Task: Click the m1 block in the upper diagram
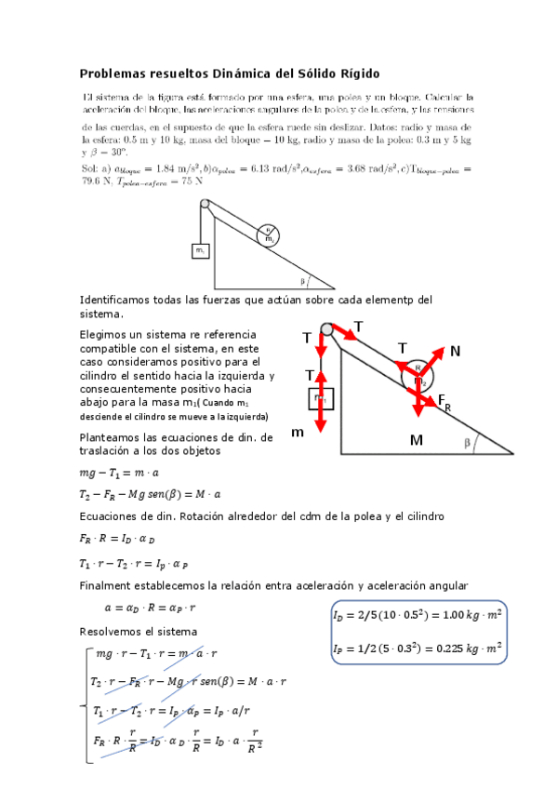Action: pos(200,250)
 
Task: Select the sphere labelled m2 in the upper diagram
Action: pos(270,236)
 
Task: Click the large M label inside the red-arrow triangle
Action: pos(415,439)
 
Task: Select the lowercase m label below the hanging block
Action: pos(298,435)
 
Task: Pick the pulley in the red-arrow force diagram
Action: pos(326,329)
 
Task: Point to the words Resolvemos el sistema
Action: pos(131,633)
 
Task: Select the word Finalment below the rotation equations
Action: pos(105,585)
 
